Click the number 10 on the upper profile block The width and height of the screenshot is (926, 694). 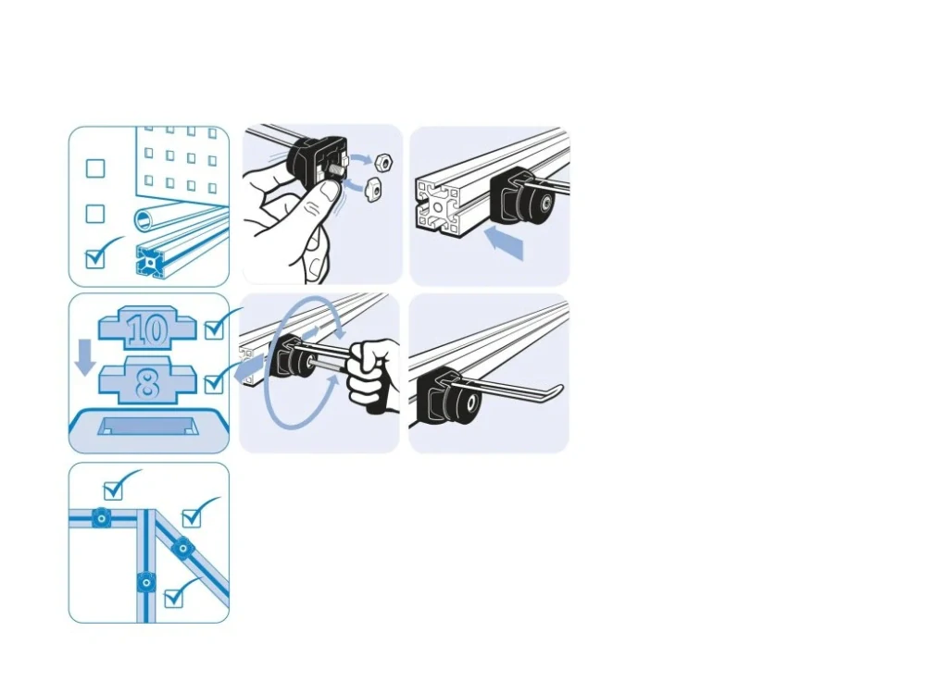tap(147, 330)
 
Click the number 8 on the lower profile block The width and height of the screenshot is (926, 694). tap(147, 384)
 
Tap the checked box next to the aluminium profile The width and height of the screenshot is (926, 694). tap(95, 258)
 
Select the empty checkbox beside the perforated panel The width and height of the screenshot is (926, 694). tap(95, 168)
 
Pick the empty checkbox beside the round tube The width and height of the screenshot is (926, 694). tap(95, 214)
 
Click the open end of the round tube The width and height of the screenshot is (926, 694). tap(144, 221)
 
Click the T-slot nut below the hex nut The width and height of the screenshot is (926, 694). tap(375, 187)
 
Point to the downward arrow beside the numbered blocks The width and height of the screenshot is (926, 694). tap(85, 357)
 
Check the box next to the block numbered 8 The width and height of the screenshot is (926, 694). tap(214, 385)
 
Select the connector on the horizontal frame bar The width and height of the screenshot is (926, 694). tap(102, 519)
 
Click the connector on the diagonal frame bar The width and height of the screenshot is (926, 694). tap(182, 549)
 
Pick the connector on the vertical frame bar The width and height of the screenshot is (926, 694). tap(145, 583)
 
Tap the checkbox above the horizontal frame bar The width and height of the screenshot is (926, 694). tap(113, 490)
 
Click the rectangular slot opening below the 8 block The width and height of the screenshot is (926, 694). tap(147, 426)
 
